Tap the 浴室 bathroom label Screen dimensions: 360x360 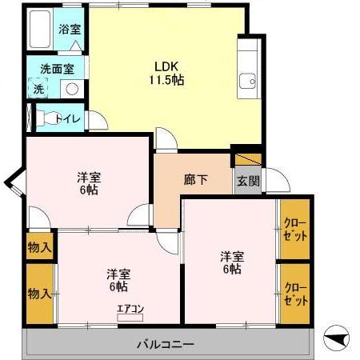(x=70, y=30)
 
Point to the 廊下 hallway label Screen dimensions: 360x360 (x=196, y=179)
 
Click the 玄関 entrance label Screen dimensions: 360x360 (x=247, y=181)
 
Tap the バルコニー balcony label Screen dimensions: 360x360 (x=165, y=345)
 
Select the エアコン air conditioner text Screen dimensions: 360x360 (x=130, y=308)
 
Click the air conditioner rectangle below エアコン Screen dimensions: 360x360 (x=130, y=318)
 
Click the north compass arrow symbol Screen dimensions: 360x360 (x=339, y=339)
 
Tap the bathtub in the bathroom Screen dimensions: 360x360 (x=39, y=31)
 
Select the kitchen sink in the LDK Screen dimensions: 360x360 (x=247, y=79)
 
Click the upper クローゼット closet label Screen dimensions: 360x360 (x=295, y=229)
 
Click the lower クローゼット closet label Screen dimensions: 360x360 (x=295, y=294)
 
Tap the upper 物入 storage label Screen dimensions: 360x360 (x=39, y=247)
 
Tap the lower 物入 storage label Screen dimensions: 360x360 (x=39, y=294)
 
